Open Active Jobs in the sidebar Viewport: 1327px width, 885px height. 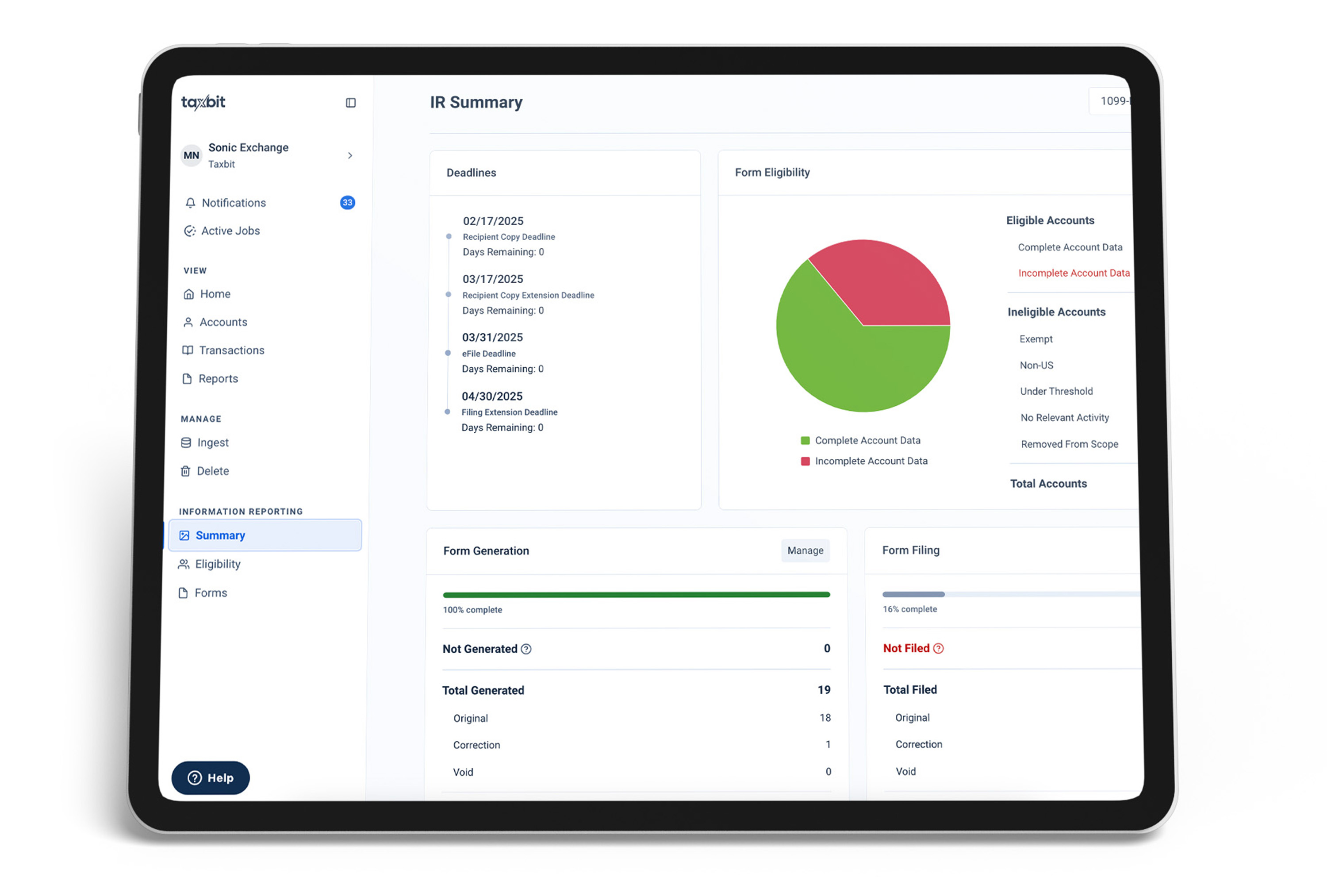pos(230,231)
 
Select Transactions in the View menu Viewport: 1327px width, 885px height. pos(231,350)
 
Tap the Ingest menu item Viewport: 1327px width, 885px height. pos(213,442)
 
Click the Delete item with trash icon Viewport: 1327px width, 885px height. pos(213,471)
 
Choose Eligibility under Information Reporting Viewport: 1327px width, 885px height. pos(217,564)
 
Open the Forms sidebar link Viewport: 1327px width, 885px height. pos(211,593)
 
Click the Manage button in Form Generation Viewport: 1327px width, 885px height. pos(805,550)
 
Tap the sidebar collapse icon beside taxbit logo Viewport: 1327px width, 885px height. pos(351,103)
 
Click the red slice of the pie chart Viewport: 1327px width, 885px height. pos(886,282)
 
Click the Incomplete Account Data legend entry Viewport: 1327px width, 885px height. pos(871,461)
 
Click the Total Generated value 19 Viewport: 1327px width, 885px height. pos(824,690)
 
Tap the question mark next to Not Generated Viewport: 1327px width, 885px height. pos(526,649)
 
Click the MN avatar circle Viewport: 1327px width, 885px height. pos(191,155)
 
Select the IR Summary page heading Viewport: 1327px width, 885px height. pos(476,102)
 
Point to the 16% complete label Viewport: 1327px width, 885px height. pos(909,609)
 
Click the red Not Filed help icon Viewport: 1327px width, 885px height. pos(938,649)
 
